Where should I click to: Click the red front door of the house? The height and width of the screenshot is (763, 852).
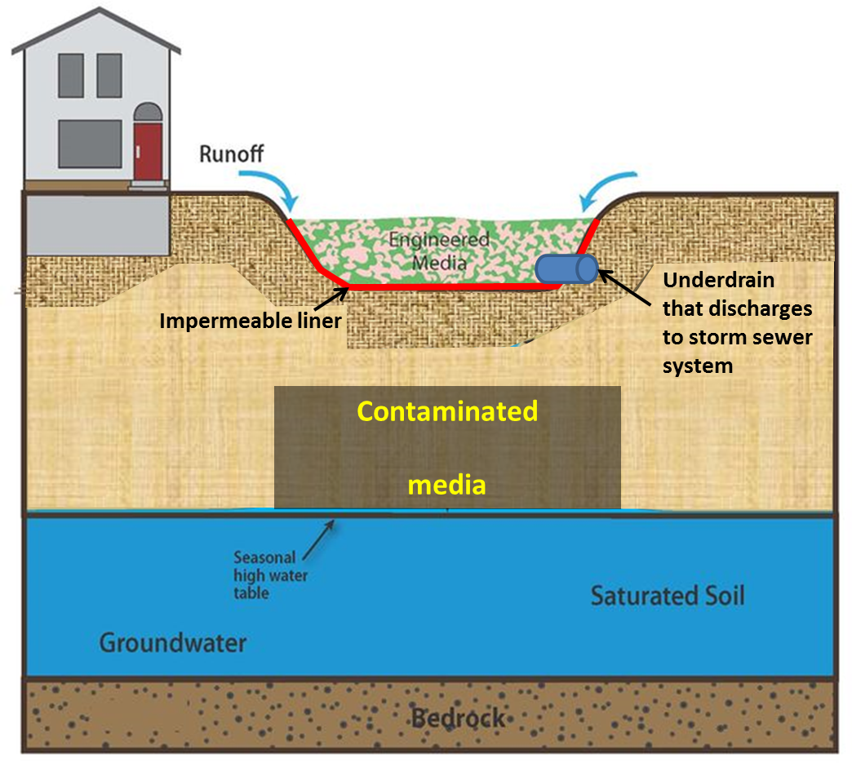coord(148,150)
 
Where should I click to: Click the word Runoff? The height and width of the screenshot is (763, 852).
coord(232,153)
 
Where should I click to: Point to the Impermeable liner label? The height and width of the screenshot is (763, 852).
coord(250,321)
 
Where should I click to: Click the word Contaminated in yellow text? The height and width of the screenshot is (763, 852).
coord(448,410)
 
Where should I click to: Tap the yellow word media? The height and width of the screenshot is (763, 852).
coord(447,485)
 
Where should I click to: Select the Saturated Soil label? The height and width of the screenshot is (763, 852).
coord(667,595)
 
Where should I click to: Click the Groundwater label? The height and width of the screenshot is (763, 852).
coord(173,643)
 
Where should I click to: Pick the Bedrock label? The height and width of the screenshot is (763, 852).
coord(458,719)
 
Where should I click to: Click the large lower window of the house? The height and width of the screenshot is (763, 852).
coord(90,143)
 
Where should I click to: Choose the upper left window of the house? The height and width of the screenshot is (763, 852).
coord(70,75)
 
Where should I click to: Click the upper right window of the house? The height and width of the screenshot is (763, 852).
coord(109,75)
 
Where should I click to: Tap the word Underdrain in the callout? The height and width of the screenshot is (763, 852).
coord(718,280)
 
